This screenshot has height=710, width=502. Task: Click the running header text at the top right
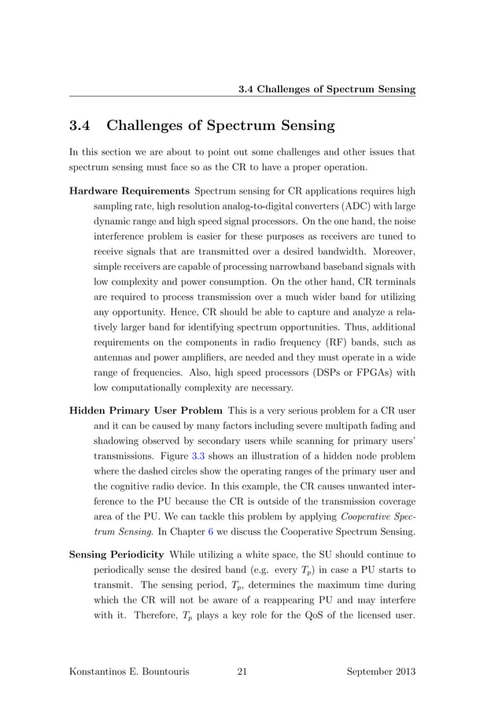pyautogui.click(x=327, y=89)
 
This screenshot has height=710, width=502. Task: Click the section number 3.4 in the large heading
pyautogui.click(x=81, y=126)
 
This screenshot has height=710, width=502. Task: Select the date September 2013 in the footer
pyautogui.click(x=381, y=671)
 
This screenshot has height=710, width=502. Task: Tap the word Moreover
pyautogui.click(x=386, y=252)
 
